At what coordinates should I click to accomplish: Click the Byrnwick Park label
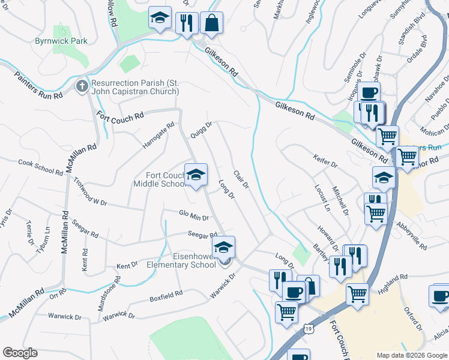coord(61,41)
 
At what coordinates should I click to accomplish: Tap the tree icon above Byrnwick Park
coord(61,29)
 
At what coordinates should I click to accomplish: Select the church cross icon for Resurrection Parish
coord(83,86)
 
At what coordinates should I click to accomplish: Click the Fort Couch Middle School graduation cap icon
coord(196,174)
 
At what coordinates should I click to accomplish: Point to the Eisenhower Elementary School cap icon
coord(223,247)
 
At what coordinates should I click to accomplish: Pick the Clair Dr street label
coord(241,177)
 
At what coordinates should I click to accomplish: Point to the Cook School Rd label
coord(40,167)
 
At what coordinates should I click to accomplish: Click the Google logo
coord(20,353)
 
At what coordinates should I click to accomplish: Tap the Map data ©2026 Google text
coord(411,355)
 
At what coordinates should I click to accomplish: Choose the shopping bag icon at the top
coord(211,23)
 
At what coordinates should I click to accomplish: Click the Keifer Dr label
coord(326,160)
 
